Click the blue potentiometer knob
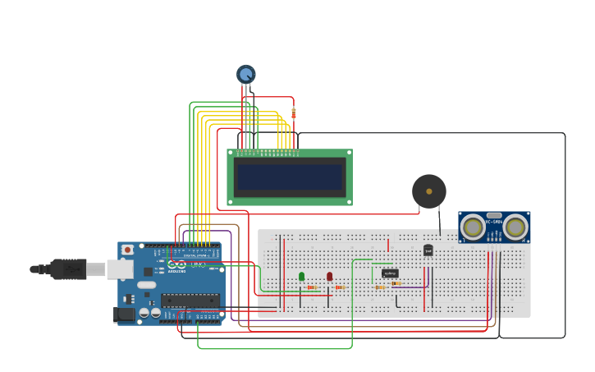[246, 74]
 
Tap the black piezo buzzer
[428, 191]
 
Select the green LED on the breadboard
[301, 277]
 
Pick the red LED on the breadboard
[330, 277]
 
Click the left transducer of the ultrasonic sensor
[473, 227]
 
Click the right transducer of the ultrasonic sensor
[515, 227]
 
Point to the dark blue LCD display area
[288, 177]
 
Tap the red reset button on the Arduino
[127, 250]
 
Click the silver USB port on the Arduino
[120, 269]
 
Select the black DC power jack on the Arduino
[124, 314]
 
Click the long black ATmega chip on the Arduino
[190, 301]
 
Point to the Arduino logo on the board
[176, 264]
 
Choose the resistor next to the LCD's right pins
[293, 113]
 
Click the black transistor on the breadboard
[428, 250]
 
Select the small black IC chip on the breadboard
[390, 273]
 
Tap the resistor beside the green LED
[312, 287]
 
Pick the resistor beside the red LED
[339, 287]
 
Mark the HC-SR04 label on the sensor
[493, 221]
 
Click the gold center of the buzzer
[428, 191]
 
